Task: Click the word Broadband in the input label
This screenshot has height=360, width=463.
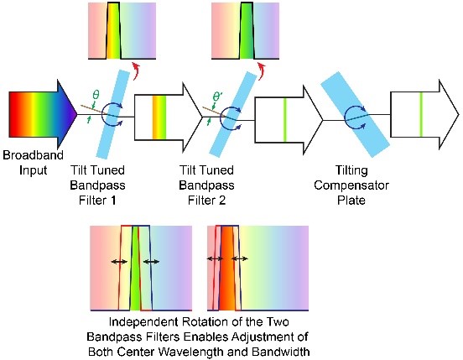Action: point(33,155)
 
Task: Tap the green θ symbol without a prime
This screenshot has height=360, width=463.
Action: point(96,95)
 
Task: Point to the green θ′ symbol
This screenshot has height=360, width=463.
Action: point(217,97)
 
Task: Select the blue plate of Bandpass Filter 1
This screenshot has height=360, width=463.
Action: point(113,114)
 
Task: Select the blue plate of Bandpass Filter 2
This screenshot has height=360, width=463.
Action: point(233,114)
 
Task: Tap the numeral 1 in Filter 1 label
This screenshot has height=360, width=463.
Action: point(112,201)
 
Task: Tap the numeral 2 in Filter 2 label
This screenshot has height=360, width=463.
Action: point(222,201)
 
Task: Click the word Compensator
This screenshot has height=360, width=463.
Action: point(351,185)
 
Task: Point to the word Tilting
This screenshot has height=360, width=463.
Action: point(351,170)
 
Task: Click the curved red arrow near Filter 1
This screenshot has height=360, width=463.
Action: point(136,71)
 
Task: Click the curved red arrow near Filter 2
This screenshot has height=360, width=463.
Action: point(262,71)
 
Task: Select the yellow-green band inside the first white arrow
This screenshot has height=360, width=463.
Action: point(159,117)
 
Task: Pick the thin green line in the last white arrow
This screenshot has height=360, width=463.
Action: point(421,114)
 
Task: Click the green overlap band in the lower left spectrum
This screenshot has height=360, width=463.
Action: point(135,269)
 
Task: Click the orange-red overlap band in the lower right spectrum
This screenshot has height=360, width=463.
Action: point(227,269)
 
